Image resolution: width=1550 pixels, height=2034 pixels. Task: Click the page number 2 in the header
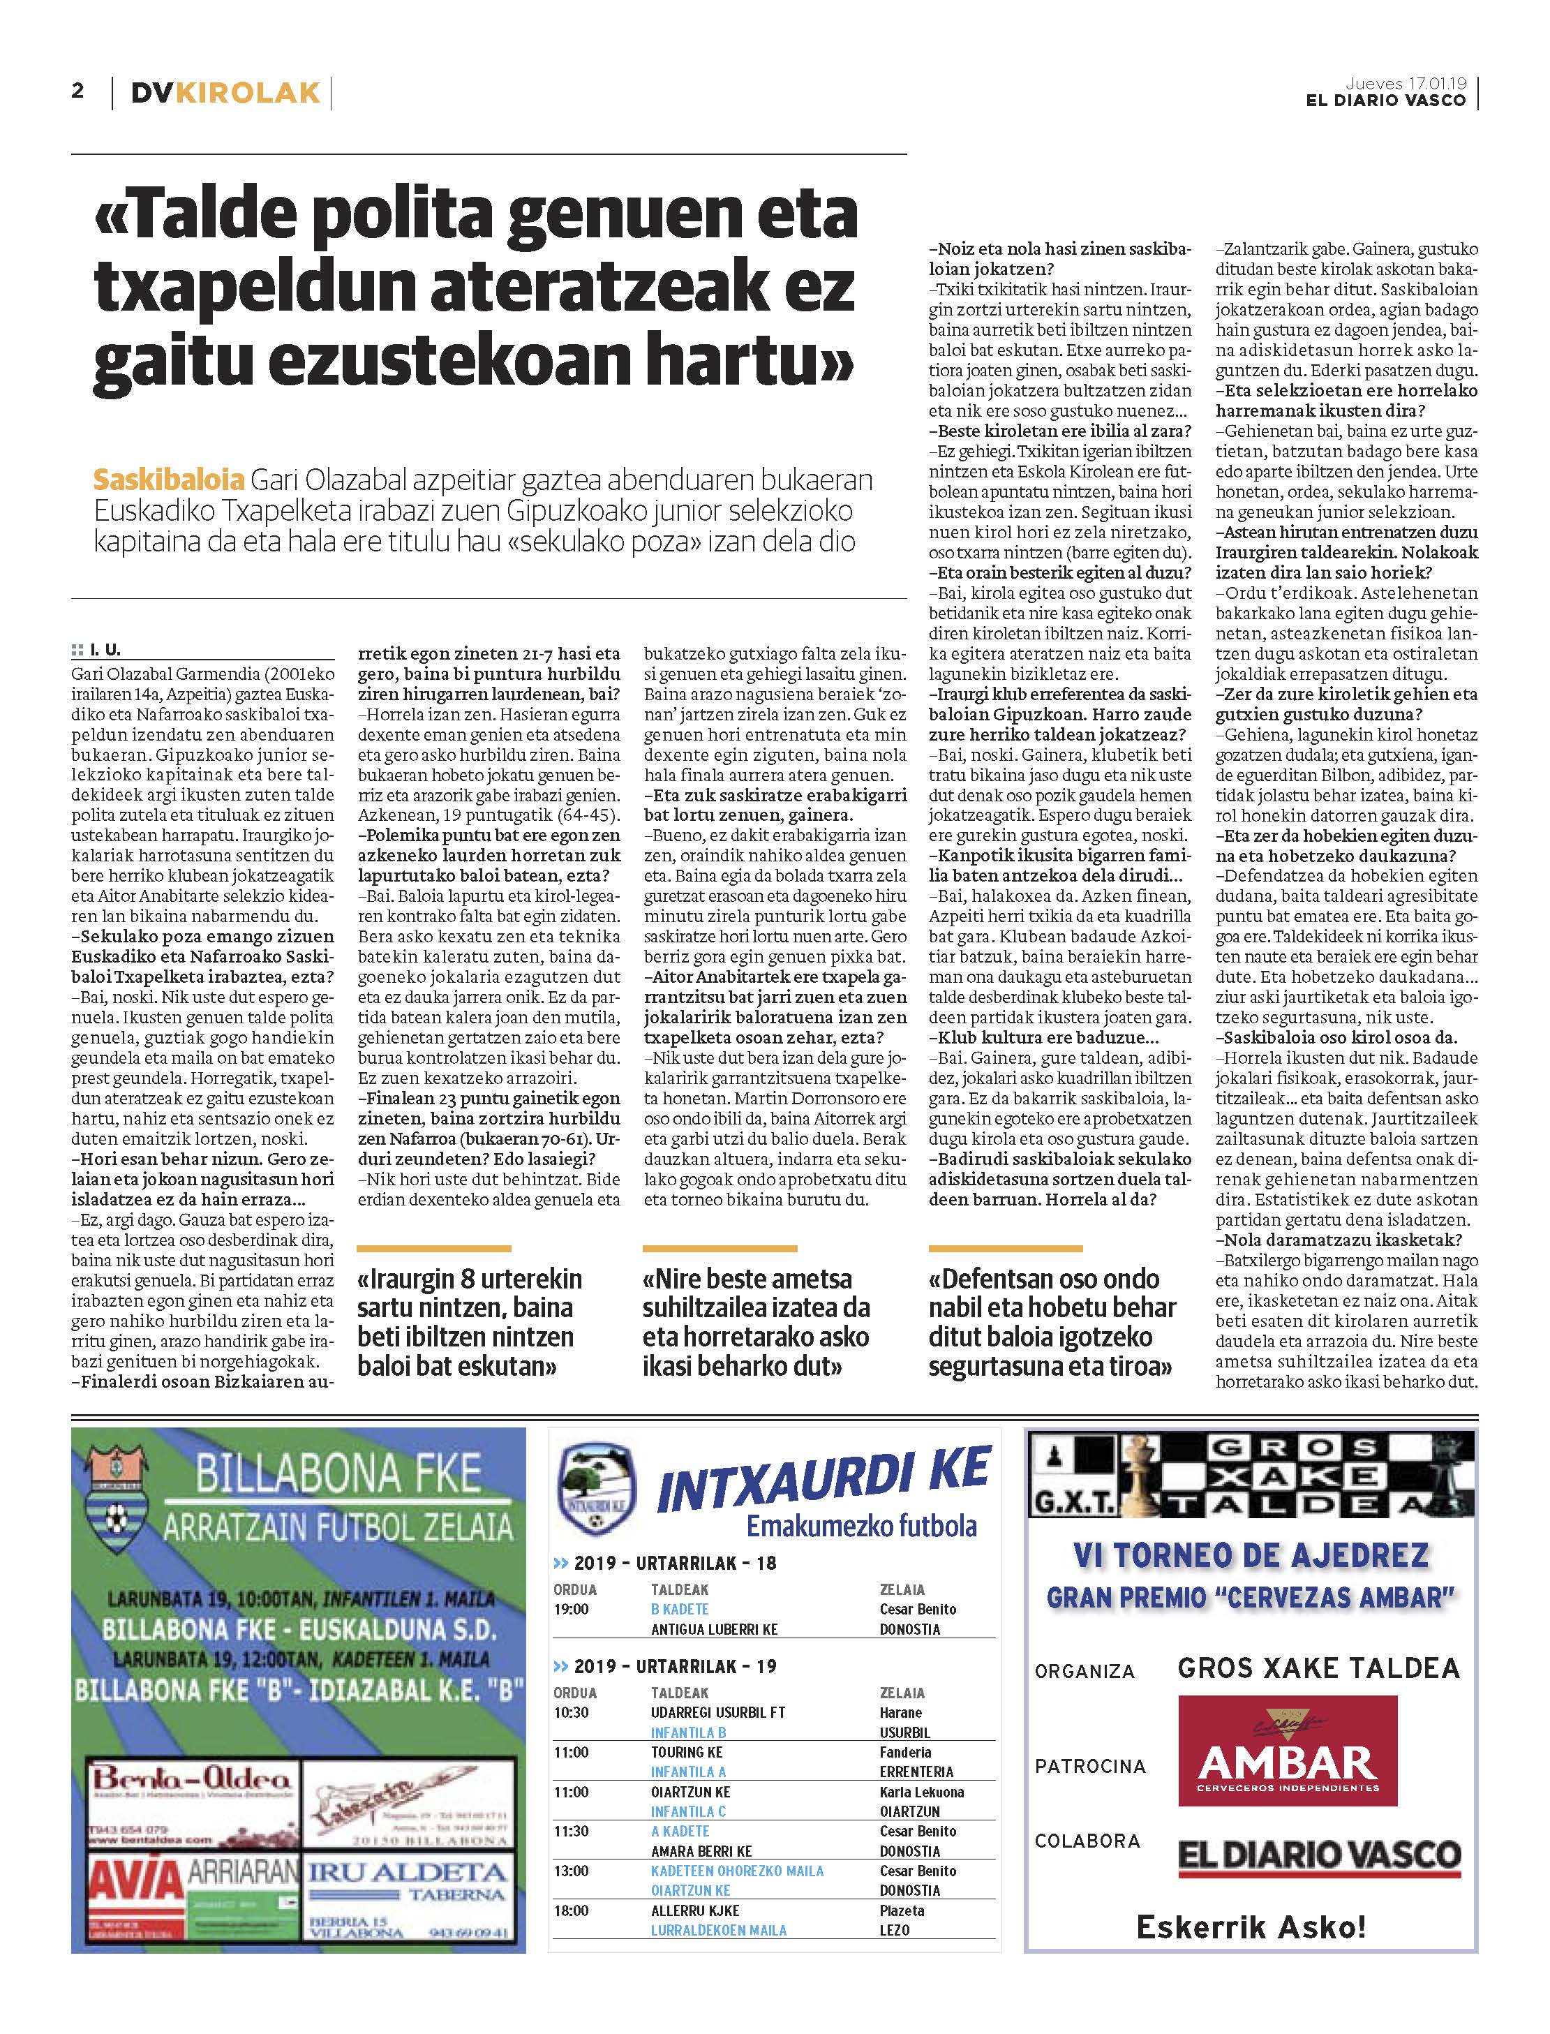click(77, 91)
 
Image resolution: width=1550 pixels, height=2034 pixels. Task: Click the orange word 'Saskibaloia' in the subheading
click(168, 480)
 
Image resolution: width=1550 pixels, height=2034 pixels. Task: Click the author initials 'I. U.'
click(105, 651)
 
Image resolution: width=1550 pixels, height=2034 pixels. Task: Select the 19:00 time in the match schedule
click(571, 1608)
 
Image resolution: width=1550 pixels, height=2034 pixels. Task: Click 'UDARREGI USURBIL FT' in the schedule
click(718, 1712)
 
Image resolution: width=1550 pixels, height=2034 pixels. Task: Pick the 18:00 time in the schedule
click(571, 1910)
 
